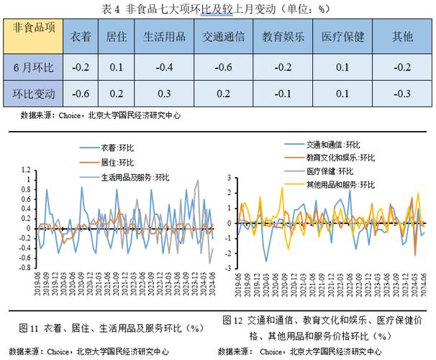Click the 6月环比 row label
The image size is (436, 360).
(x=34, y=67)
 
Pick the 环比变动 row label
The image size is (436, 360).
(x=34, y=93)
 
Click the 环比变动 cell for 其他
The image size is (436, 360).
(x=401, y=93)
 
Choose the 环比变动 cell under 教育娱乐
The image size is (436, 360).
(x=283, y=93)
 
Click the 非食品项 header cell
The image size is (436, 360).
(x=34, y=30)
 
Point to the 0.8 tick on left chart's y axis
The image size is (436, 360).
(x=28, y=190)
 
